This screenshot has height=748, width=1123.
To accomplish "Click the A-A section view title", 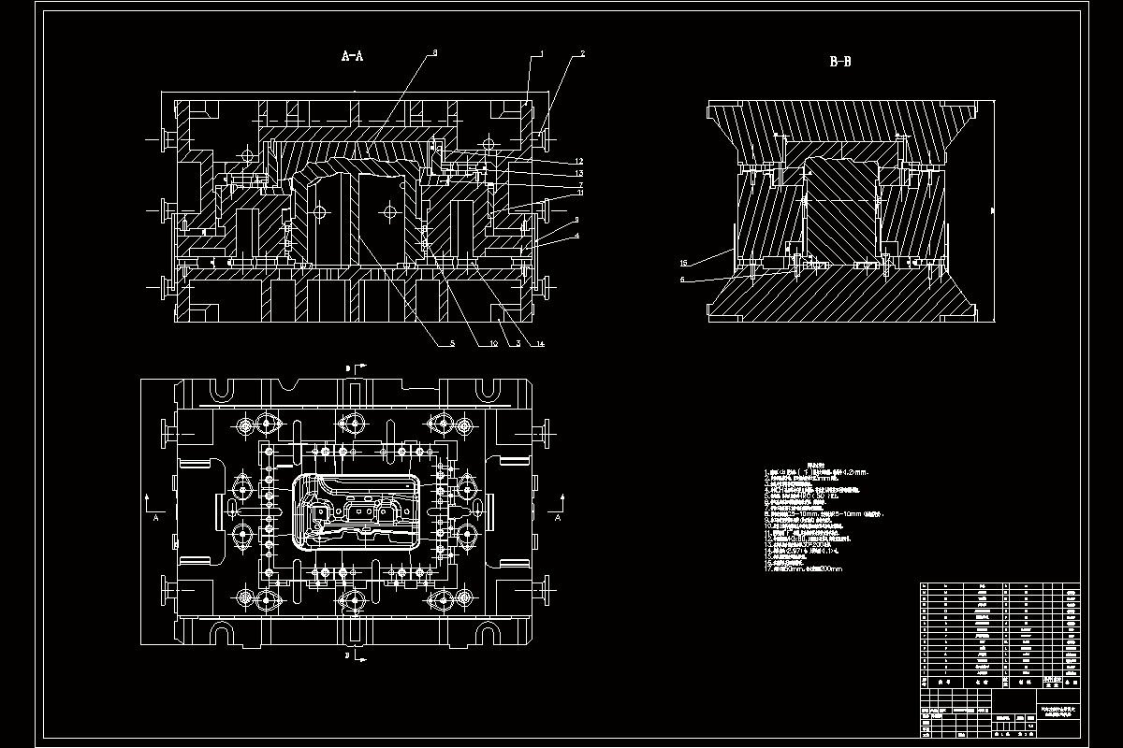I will [352, 57].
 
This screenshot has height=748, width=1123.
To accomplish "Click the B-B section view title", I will [839, 63].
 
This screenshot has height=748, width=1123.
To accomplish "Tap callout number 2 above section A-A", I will [582, 54].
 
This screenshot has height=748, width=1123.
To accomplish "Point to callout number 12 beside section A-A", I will [580, 162].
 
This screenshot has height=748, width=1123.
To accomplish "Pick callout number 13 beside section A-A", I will [580, 173].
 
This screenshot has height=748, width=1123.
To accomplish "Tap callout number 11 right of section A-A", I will [580, 194].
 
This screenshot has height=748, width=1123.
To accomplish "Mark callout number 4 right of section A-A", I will [577, 236].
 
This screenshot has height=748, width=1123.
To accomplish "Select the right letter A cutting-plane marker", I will [559, 515].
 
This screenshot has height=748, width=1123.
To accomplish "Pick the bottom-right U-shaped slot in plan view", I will [484, 636].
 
